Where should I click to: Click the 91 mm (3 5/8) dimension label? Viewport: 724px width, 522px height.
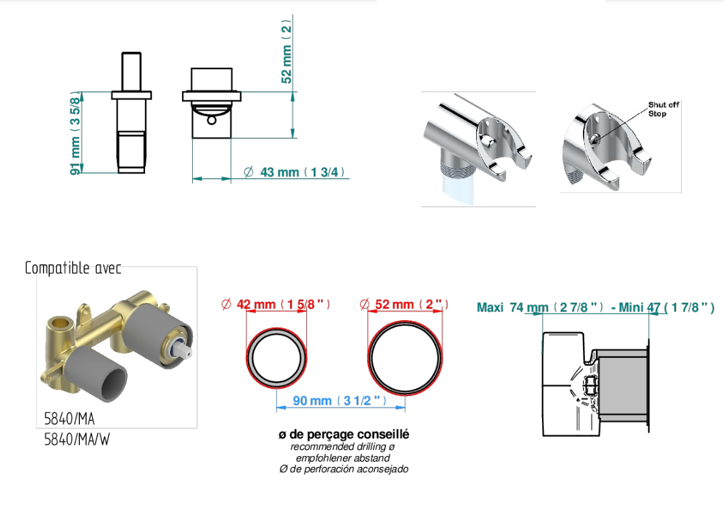point(75,133)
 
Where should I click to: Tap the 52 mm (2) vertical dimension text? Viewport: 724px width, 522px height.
point(287,51)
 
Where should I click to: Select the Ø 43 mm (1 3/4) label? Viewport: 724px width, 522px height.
point(295,172)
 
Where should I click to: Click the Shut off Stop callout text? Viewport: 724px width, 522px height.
point(663,109)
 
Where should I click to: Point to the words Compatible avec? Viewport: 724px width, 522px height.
point(73,268)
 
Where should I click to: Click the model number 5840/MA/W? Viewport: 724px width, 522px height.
point(77,439)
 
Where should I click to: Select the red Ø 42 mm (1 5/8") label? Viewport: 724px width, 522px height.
point(276,304)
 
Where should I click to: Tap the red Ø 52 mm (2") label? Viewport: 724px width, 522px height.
point(404,304)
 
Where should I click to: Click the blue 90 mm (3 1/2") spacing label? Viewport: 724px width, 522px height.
point(340,400)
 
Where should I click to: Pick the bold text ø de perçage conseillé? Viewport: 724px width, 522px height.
point(344,435)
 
